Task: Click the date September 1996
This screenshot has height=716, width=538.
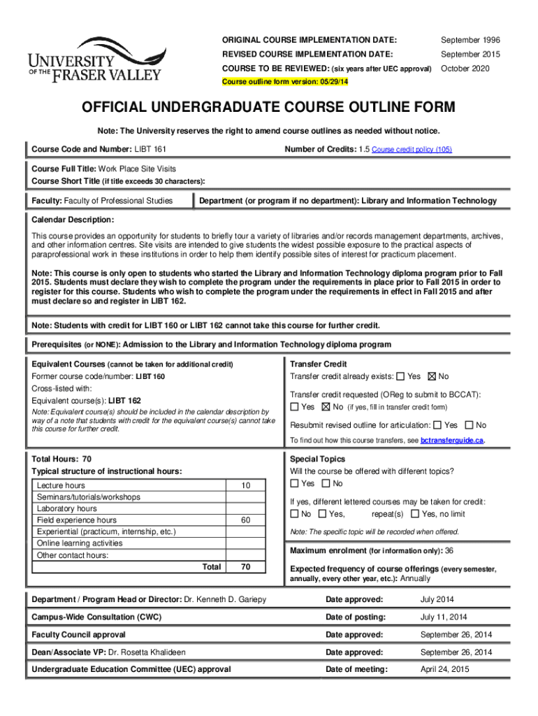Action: pyautogui.click(x=470, y=40)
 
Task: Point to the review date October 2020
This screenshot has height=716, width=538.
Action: pyautogui.click(x=466, y=69)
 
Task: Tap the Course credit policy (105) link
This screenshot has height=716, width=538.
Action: pyautogui.click(x=412, y=150)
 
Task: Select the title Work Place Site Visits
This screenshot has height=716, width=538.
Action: pyautogui.click(x=137, y=169)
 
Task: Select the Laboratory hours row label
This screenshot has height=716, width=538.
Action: pyautogui.click(x=67, y=508)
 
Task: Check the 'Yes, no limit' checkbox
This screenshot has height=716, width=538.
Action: pyautogui.click(x=416, y=514)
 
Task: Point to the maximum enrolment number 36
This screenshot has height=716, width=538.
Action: pyautogui.click(x=449, y=550)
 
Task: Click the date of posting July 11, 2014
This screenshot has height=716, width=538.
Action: pyautogui.click(x=444, y=617)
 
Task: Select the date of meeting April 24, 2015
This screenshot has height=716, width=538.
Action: pyautogui.click(x=444, y=670)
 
